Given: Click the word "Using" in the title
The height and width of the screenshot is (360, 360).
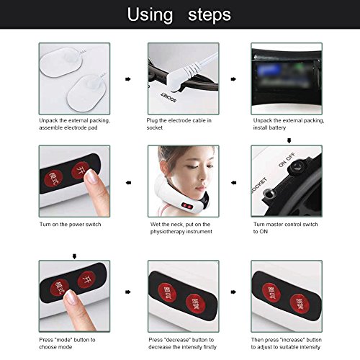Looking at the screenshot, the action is point(150,15).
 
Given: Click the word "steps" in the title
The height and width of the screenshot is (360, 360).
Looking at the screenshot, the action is point(210,15).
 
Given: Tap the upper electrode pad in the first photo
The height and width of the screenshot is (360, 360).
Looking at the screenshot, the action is point(61,62).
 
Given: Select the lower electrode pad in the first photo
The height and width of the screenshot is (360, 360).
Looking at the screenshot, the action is point(87,93).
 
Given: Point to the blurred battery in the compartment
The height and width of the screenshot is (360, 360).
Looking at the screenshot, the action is point(286,73).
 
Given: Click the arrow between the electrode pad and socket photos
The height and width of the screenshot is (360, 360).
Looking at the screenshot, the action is point(128,79).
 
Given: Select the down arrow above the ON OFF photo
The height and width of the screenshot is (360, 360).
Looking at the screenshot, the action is point(289,141).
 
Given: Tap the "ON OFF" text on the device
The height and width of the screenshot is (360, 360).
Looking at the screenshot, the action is point(287,160).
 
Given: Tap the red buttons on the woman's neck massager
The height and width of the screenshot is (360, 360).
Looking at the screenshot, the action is point(186,206).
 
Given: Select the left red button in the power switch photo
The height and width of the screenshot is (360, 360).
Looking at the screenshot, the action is point(53,179).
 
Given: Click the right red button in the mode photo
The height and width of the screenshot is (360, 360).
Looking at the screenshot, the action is point(86,280).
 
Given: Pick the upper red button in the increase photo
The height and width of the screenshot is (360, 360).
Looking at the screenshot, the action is point(271,293).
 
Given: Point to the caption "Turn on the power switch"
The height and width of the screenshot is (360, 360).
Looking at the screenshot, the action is point(70,225).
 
